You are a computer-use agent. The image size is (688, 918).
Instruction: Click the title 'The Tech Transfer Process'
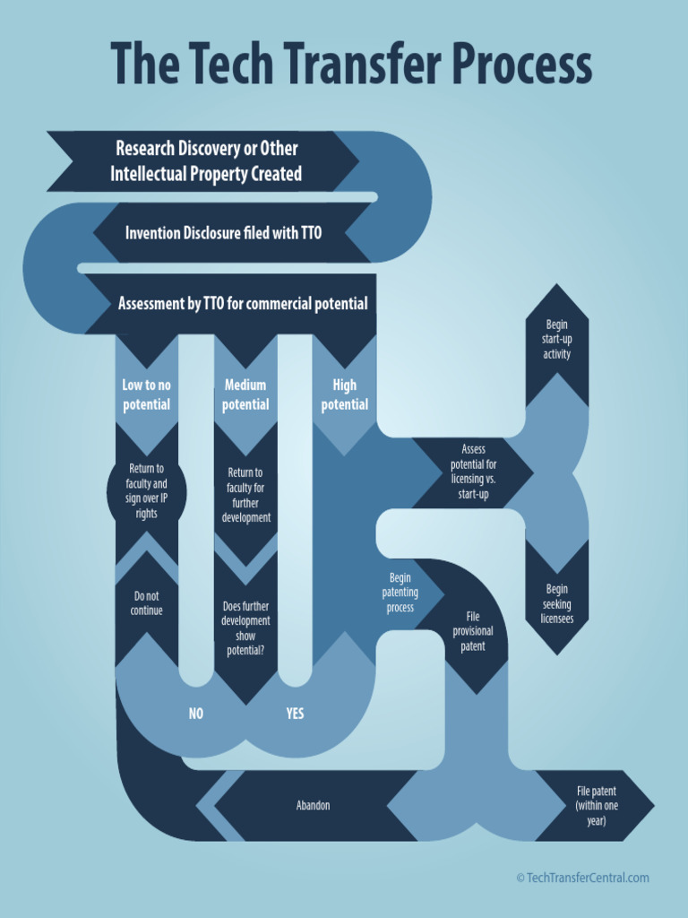(350, 65)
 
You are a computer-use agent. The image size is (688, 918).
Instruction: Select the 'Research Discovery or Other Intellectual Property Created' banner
(205, 161)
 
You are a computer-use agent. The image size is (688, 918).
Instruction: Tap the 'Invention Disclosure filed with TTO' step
(223, 233)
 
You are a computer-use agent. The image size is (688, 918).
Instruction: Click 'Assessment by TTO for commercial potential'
(243, 304)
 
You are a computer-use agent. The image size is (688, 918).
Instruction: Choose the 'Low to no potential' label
(146, 394)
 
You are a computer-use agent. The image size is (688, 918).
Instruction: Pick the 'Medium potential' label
(245, 394)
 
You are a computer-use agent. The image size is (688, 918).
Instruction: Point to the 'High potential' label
(344, 394)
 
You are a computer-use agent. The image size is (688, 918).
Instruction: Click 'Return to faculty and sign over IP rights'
(147, 491)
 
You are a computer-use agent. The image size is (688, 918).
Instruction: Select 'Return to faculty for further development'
(245, 495)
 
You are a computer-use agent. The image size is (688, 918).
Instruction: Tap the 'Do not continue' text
(148, 603)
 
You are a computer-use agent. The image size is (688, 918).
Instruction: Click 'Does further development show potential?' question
(245, 628)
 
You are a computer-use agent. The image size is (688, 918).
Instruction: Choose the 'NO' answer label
(196, 714)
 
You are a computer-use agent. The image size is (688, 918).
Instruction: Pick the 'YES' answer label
(295, 714)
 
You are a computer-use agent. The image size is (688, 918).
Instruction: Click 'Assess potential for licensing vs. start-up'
(473, 472)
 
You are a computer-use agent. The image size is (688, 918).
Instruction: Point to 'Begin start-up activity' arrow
(556, 339)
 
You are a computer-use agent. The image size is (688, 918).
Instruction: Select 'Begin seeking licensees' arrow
(556, 603)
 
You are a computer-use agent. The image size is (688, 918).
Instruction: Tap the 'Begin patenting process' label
(400, 593)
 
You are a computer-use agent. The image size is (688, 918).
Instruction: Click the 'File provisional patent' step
(473, 631)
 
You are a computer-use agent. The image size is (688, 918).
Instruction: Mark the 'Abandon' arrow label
(313, 805)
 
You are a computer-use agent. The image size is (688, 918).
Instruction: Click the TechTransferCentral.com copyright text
(582, 878)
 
